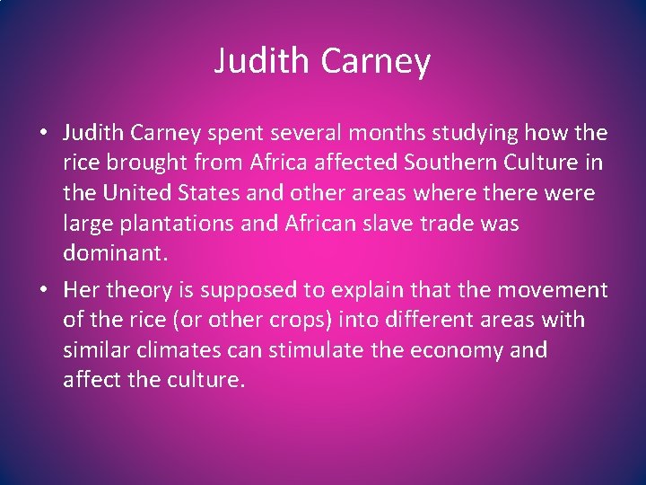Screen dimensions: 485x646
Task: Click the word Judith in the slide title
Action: point(254,61)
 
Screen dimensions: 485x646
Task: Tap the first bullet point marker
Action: point(43,134)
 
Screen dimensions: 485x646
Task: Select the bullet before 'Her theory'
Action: point(43,290)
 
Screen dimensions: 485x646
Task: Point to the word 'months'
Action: point(392,134)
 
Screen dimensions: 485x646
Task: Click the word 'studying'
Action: point(477,134)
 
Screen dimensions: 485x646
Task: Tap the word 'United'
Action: point(139,193)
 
